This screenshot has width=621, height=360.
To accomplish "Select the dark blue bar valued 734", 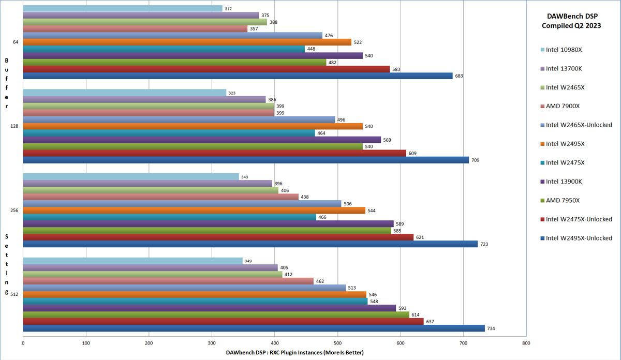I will (254, 328).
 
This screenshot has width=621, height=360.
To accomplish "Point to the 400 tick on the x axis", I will (274, 342).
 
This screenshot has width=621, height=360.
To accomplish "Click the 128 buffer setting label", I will (14, 126).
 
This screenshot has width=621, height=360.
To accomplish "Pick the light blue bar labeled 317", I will (123, 8).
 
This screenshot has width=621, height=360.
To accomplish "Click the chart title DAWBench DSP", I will (571, 16).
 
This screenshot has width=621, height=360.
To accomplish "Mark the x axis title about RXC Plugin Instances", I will (294, 352).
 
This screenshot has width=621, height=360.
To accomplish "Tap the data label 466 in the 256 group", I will (322, 217).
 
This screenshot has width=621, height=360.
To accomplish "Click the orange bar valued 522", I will (187, 42).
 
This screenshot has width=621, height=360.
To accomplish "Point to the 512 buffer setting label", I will (14, 294).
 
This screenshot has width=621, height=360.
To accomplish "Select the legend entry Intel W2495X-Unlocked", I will (579, 238).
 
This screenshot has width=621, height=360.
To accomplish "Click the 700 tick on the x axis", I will (463, 342).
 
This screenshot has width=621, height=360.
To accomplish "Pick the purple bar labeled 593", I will (209, 308).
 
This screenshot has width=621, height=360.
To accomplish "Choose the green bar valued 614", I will (216, 314).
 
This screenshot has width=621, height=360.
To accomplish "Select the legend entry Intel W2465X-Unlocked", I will (579, 125).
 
